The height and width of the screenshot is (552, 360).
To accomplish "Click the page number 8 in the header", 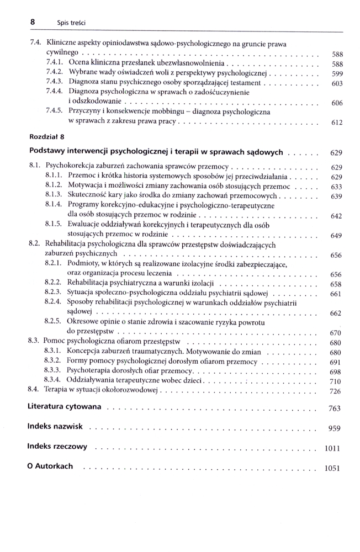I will [x=33, y=22].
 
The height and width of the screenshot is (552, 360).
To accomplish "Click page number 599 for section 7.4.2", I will [x=337, y=74].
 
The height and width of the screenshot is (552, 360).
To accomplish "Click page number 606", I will [x=337, y=103].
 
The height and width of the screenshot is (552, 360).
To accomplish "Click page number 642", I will [x=336, y=216].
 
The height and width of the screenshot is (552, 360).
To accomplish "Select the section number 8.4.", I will [x=34, y=390].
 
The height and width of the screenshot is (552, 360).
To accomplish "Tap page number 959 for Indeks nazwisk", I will [x=335, y=428].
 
